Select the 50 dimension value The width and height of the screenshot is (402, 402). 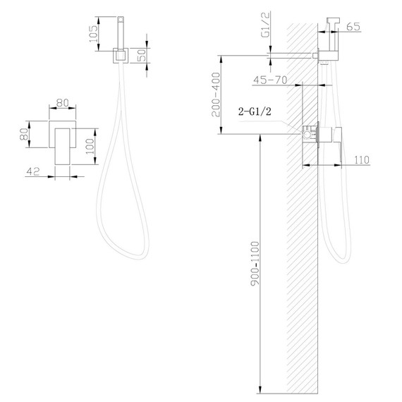[144, 55]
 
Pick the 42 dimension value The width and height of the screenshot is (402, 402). [32, 171]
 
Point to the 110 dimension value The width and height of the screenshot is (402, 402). [362, 160]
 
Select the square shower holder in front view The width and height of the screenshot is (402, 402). [120, 55]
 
